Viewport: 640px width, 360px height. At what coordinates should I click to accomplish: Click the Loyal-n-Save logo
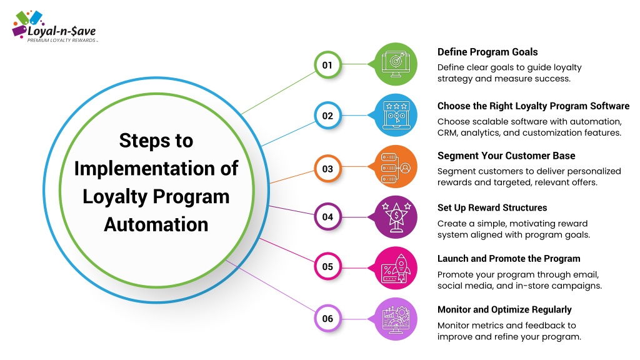tap(54, 27)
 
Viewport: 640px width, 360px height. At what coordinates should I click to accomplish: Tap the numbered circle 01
tap(327, 65)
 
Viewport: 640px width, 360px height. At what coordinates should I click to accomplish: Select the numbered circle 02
tap(327, 116)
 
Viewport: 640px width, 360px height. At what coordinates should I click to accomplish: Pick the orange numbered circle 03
tap(327, 169)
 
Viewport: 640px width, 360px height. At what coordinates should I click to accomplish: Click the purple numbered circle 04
tap(327, 217)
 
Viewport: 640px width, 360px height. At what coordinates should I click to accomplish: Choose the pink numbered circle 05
tap(327, 266)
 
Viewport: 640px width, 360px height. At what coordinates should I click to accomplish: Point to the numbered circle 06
tap(327, 318)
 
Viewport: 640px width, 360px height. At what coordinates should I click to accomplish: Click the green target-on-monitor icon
tap(395, 64)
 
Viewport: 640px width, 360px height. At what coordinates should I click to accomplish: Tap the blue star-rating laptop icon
tap(395, 115)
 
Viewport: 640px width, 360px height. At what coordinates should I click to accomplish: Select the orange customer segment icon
tap(395, 166)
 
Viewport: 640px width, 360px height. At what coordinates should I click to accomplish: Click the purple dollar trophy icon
tap(395, 217)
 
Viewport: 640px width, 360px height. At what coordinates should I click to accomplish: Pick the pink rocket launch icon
tap(395, 268)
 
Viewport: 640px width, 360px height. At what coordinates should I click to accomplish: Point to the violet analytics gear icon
tap(395, 319)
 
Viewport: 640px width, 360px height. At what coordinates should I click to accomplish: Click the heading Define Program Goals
tap(487, 52)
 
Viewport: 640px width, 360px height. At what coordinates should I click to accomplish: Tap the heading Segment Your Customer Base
tap(506, 156)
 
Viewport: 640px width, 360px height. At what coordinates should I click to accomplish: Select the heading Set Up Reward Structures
tap(492, 207)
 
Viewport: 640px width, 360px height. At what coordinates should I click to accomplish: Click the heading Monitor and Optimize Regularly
tap(504, 310)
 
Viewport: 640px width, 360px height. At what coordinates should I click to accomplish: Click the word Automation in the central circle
tap(156, 224)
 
